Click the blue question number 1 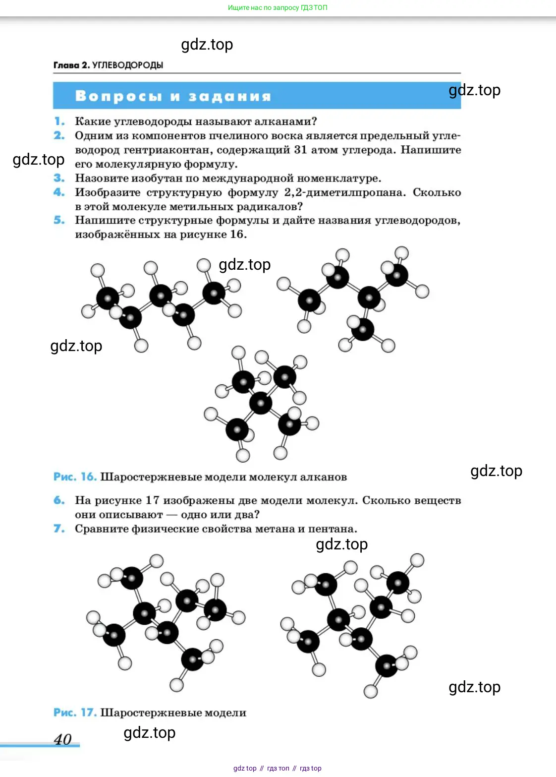(59, 121)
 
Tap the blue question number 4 (59, 192)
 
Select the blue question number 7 (59, 529)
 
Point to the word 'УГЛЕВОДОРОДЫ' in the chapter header (127, 65)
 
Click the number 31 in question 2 (300, 150)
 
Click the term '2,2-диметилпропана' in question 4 (345, 192)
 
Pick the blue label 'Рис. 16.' (75, 477)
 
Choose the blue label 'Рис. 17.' (75, 713)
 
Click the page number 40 (63, 739)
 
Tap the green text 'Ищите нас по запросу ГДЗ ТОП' (278, 7)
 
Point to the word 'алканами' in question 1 (285, 122)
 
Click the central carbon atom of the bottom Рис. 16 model (261, 403)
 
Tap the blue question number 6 (59, 500)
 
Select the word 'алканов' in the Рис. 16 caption (324, 478)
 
